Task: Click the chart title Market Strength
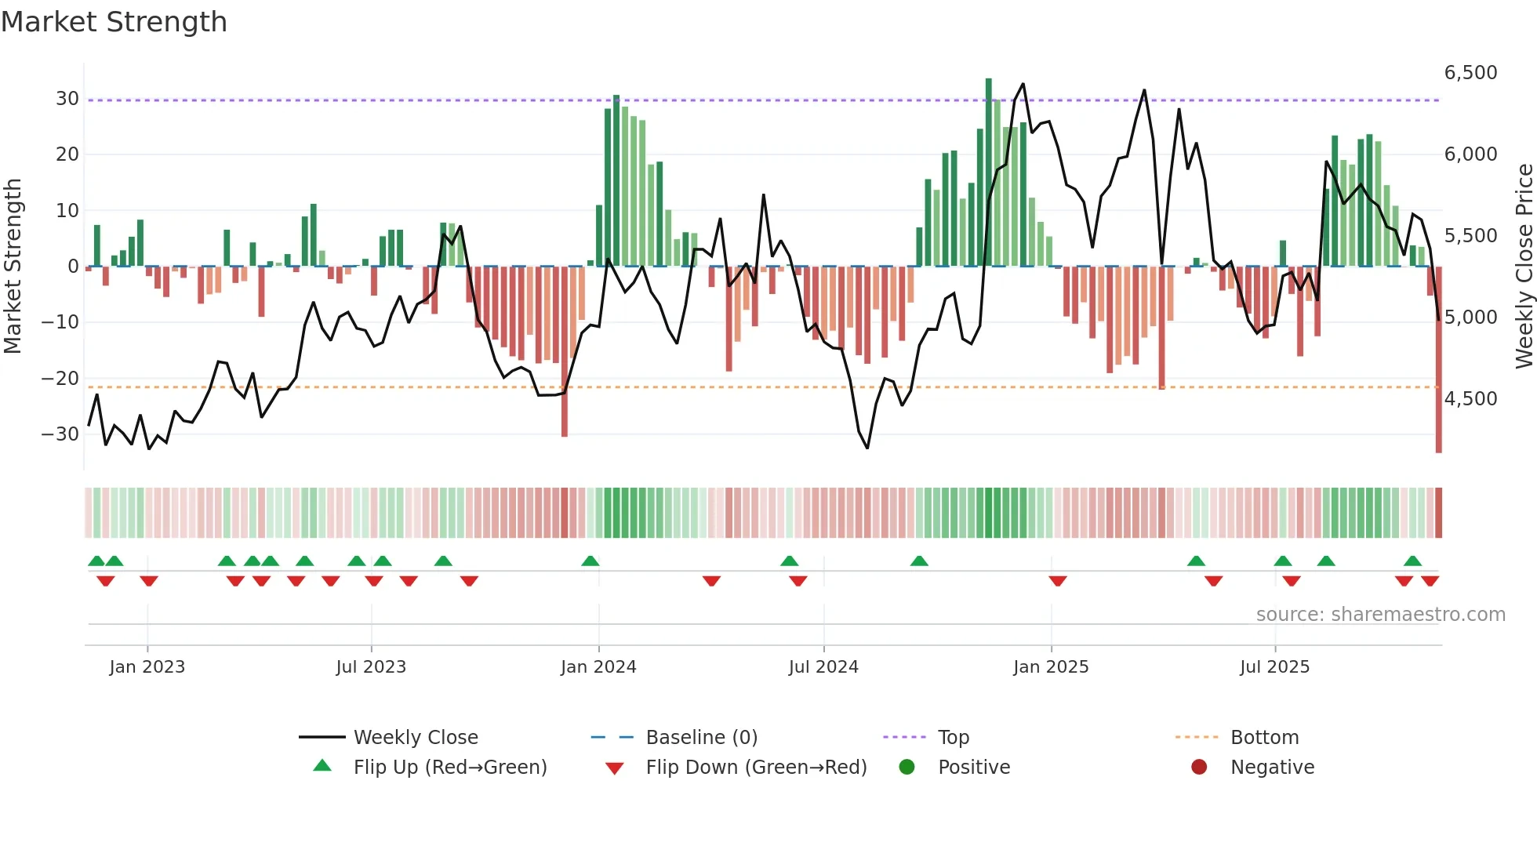pos(114,22)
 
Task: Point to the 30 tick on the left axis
pos(67,99)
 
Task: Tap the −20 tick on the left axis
pos(60,379)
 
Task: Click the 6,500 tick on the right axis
pos(1470,73)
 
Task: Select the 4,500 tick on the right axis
pos(1470,399)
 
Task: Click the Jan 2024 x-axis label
pos(598,667)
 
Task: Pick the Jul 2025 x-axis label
pos(1274,667)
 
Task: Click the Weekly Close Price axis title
pos(1524,267)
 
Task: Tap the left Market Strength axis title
pos(13,267)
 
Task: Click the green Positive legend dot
pos(907,768)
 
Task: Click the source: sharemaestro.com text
pos(1380,615)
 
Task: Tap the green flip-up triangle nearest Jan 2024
pos(590,561)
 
